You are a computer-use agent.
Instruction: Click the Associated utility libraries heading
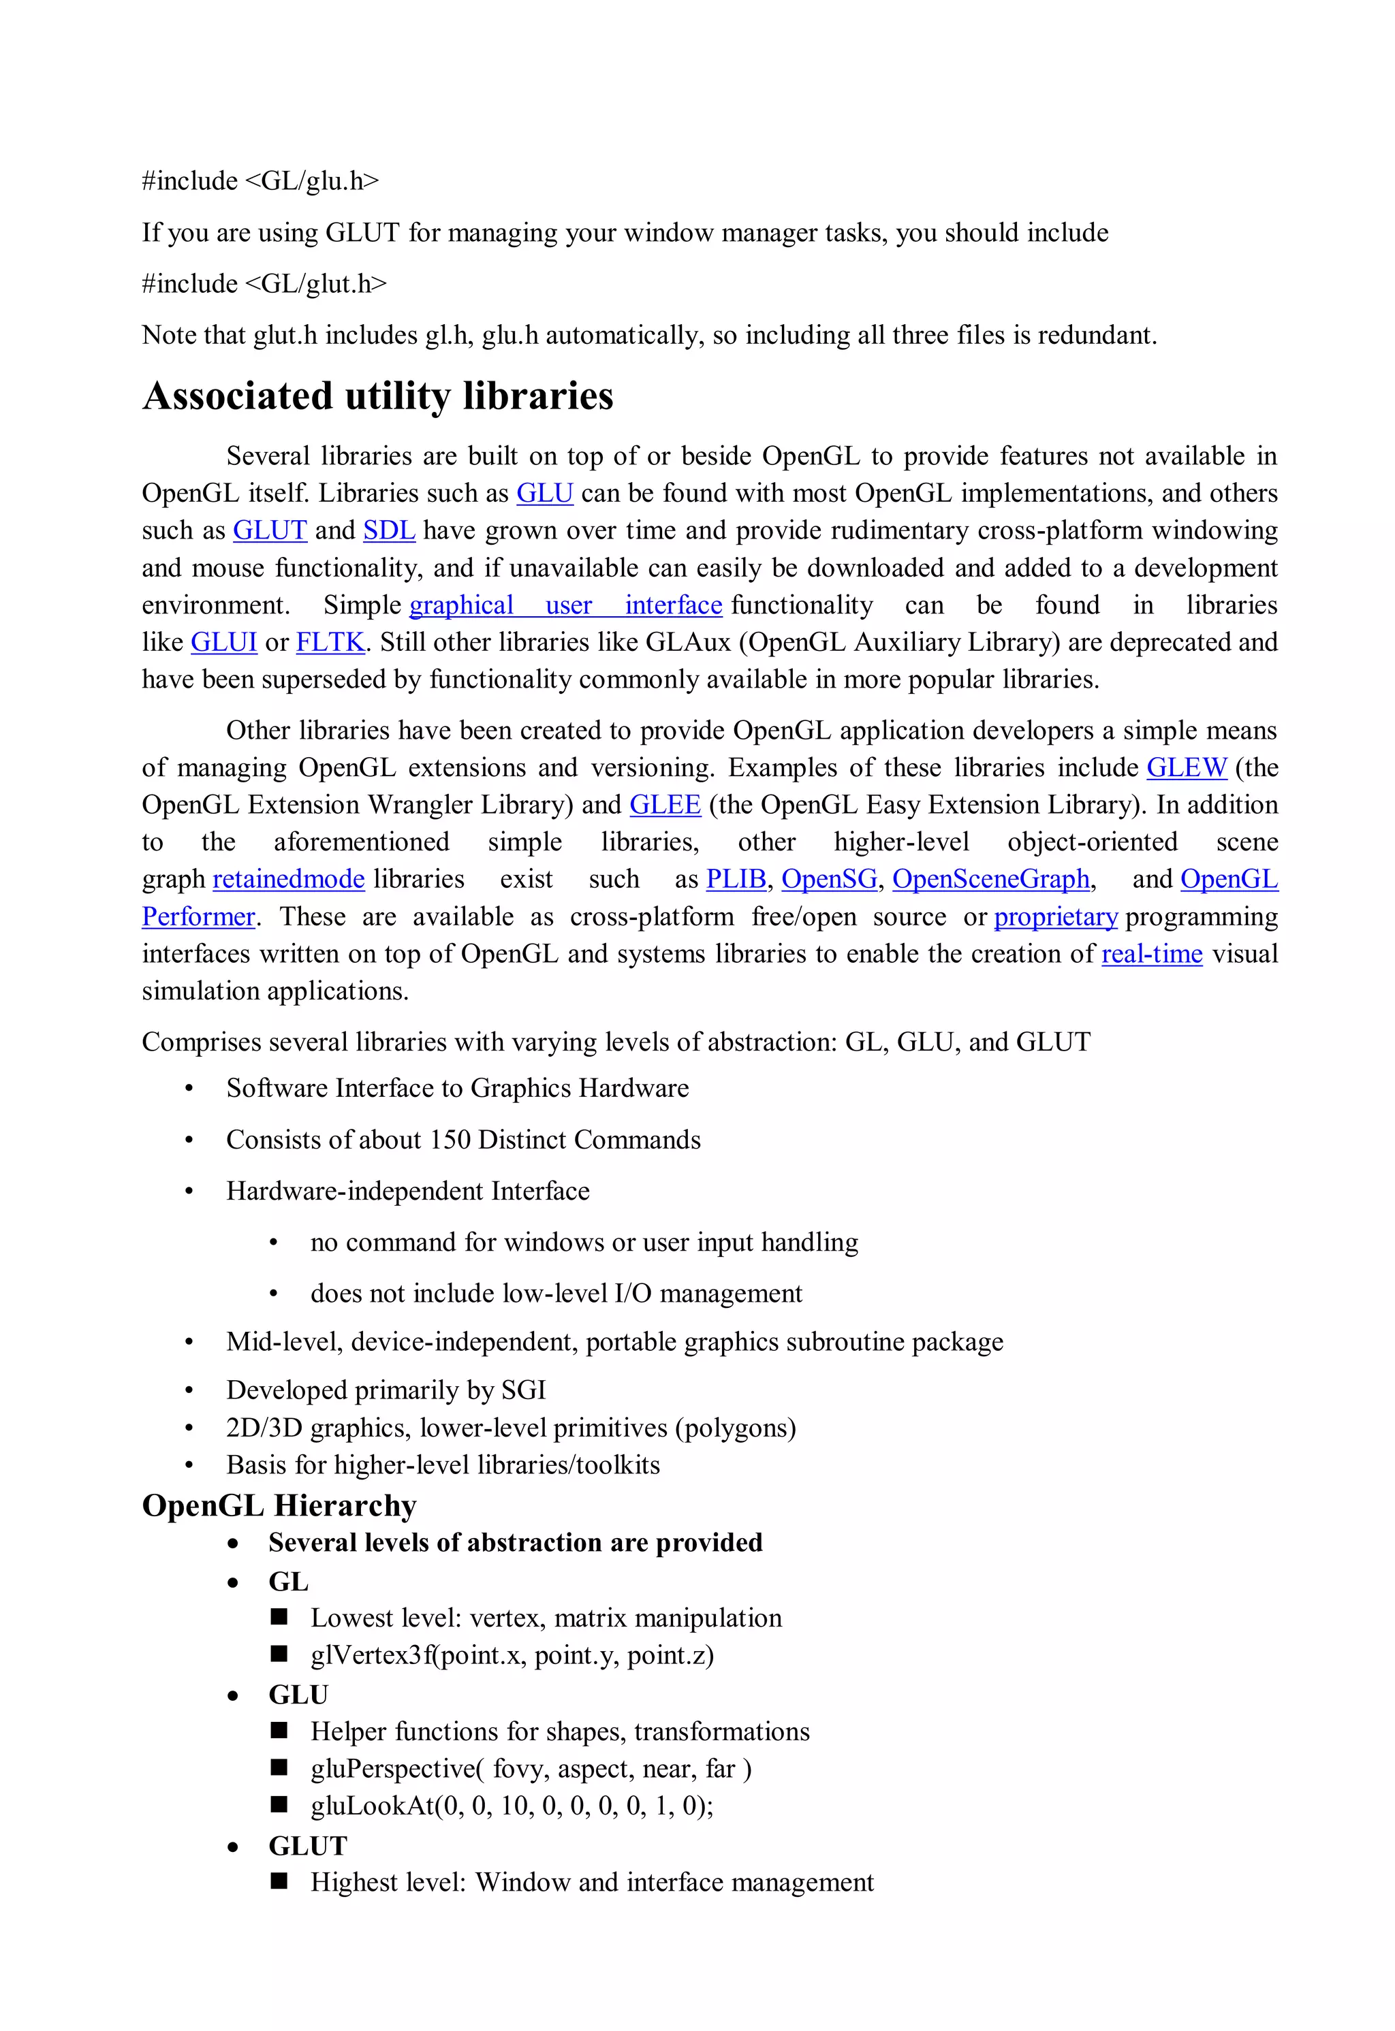[377, 396]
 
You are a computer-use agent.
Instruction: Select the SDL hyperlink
[389, 530]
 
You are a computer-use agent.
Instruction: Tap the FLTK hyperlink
[330, 642]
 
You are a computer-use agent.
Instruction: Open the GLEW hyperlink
[1186, 767]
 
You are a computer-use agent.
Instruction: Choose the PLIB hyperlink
[735, 879]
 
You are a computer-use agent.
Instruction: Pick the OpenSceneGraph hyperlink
[990, 879]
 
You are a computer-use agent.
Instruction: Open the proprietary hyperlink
[1055, 916]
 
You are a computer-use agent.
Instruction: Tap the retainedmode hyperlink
[288, 879]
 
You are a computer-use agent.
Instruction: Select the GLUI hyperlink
[224, 642]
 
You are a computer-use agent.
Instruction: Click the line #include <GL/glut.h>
[264, 284]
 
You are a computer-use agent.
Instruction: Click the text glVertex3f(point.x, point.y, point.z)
[512, 1654]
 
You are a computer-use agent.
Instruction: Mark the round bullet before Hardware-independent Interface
[189, 1192]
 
